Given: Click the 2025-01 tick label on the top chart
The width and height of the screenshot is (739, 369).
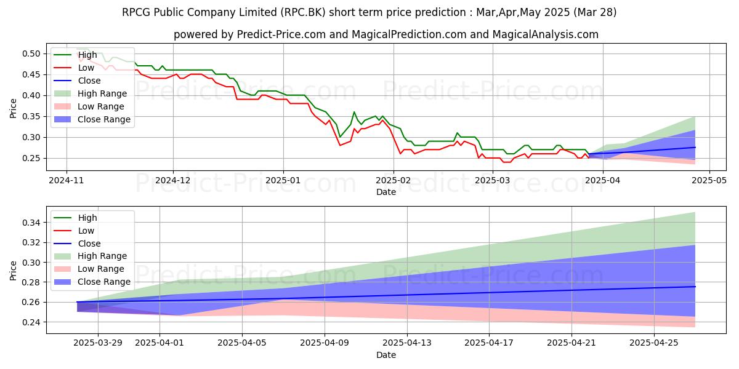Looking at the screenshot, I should (x=283, y=181).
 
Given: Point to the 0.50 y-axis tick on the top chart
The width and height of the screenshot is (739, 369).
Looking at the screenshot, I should (x=32, y=54).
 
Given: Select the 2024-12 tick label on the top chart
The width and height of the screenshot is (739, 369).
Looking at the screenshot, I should (x=173, y=181).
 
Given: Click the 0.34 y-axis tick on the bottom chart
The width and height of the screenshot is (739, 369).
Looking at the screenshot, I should (x=32, y=222).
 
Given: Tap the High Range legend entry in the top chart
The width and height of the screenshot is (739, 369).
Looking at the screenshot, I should (x=102, y=93).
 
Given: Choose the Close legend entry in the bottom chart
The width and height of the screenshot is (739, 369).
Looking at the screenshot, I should (x=90, y=244).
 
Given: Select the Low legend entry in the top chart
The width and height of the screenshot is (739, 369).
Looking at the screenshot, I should (x=86, y=68).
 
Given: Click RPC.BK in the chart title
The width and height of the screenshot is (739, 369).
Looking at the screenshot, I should (x=327, y=12).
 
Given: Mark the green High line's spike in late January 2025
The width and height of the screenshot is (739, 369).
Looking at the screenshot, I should (x=354, y=112).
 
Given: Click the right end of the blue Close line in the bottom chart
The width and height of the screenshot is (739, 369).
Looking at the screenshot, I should (x=695, y=287).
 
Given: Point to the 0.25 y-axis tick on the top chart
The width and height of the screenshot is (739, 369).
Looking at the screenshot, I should (x=32, y=158).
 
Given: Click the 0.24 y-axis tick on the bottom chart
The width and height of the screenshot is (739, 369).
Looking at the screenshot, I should (x=32, y=322).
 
